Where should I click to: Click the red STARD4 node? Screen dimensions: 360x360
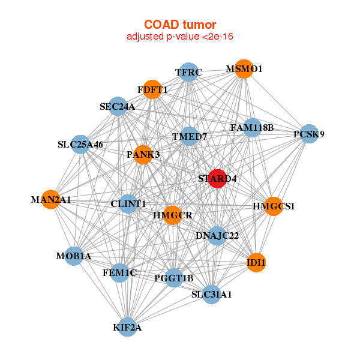click(x=217, y=179)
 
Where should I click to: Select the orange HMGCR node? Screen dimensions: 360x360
click(x=173, y=215)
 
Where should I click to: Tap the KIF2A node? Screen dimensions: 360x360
click(x=127, y=327)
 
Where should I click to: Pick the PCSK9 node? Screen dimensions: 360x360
click(x=309, y=134)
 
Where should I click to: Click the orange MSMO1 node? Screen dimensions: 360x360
click(x=244, y=69)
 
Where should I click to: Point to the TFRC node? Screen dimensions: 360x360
click(x=188, y=72)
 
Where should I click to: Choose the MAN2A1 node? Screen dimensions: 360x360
click(x=51, y=200)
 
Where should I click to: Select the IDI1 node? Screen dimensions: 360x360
click(x=256, y=263)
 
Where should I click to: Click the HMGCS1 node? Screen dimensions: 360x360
click(x=274, y=206)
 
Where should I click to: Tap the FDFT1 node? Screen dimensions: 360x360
click(x=152, y=89)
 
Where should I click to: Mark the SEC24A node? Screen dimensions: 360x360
click(x=118, y=106)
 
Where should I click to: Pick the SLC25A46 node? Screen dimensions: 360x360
click(x=80, y=145)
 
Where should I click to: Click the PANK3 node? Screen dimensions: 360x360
click(x=143, y=155)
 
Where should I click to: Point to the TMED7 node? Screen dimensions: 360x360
click(x=190, y=136)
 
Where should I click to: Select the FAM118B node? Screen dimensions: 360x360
click(x=253, y=128)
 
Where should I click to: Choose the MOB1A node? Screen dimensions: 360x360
click(x=74, y=256)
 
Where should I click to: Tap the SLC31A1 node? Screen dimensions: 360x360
click(x=211, y=295)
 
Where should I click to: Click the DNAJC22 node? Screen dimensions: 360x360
click(x=217, y=236)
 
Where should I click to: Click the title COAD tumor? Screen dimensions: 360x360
click(x=180, y=25)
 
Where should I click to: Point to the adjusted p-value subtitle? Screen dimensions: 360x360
click(x=180, y=37)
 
